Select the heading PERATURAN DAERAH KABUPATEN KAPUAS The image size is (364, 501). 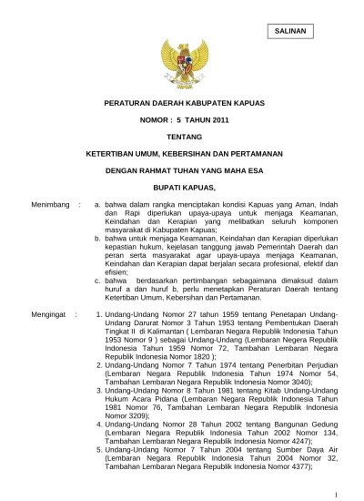click(183, 106)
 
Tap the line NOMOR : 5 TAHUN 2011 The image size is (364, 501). click(183, 122)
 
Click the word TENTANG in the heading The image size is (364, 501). click(183, 138)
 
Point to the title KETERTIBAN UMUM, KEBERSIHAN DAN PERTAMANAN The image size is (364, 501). click(183, 154)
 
